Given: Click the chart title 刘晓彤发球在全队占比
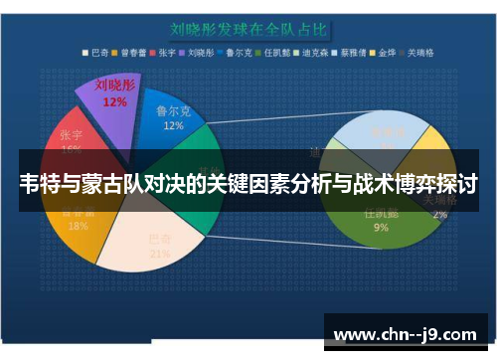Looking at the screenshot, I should tap(248, 30).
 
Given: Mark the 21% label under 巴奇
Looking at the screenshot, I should tap(160, 253).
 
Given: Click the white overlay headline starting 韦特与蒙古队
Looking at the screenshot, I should tap(248, 183).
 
